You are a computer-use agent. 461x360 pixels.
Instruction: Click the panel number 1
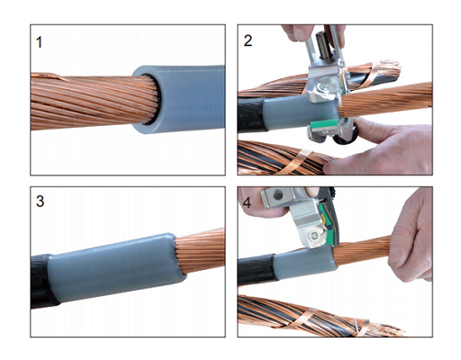pyautogui.click(x=39, y=42)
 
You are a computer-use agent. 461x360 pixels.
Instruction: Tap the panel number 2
pyautogui.click(x=248, y=40)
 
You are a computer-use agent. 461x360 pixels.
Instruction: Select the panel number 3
pyautogui.click(x=40, y=201)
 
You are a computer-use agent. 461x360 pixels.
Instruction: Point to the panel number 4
pyautogui.click(x=247, y=202)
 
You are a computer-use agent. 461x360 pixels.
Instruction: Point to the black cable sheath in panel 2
pyautogui.click(x=251, y=114)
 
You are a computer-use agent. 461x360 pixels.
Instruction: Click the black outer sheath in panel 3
pyautogui.click(x=42, y=281)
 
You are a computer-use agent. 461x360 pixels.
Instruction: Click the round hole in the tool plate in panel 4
pyautogui.click(x=278, y=195)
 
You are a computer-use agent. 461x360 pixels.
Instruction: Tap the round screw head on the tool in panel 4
pyautogui.click(x=314, y=236)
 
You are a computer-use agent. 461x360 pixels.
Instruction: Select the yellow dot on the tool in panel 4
pyautogui.click(x=322, y=215)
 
